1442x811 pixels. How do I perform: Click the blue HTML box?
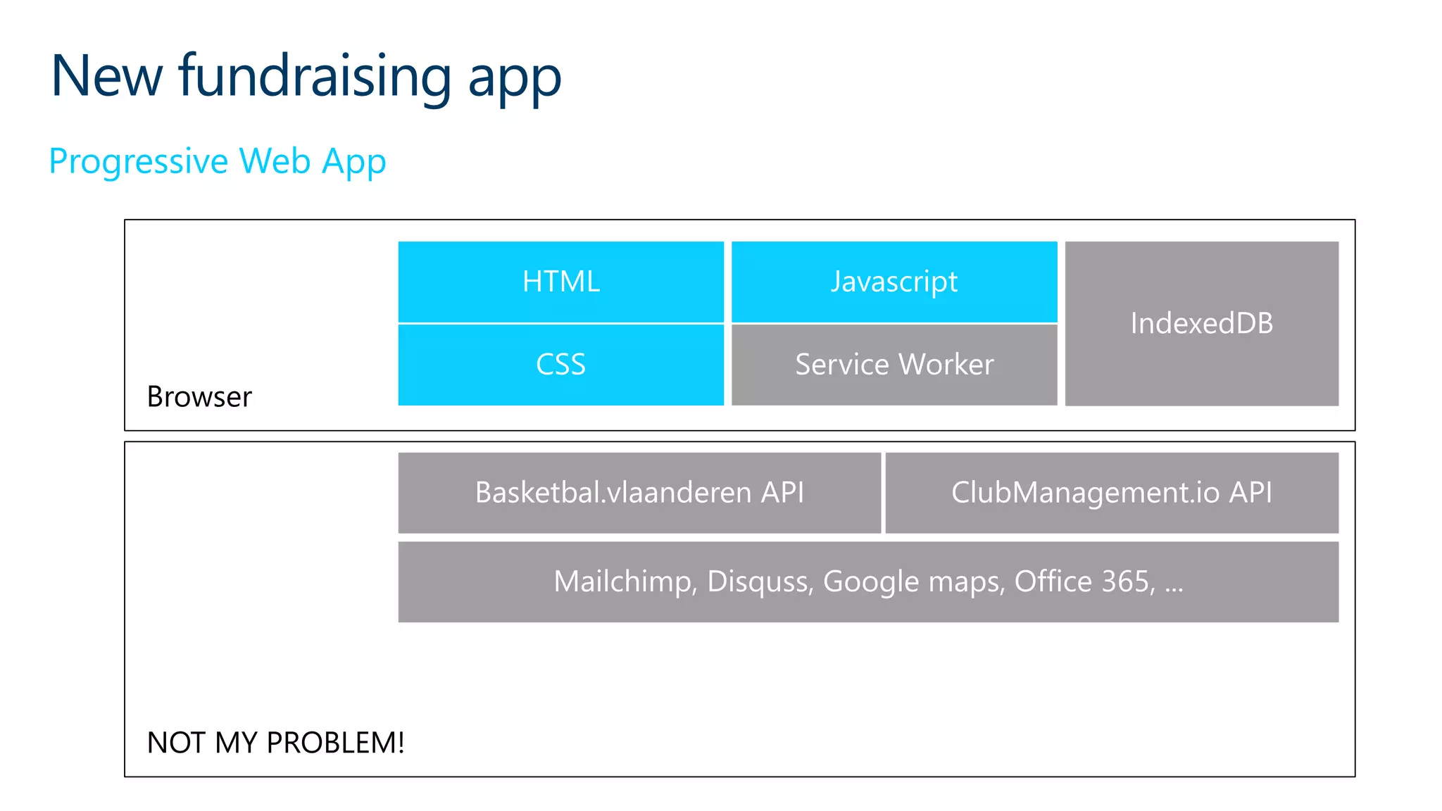click(x=560, y=282)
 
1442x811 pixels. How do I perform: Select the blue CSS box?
click(x=560, y=365)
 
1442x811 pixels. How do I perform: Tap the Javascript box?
click(x=894, y=282)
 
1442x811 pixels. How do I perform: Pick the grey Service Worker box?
click(x=894, y=365)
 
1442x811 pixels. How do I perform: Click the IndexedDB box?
click(x=1201, y=324)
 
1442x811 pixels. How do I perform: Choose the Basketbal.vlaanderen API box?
click(x=639, y=493)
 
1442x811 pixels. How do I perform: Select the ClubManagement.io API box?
click(x=1111, y=493)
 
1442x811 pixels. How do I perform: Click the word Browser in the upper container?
click(x=199, y=397)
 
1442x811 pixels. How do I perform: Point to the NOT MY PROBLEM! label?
click(x=275, y=743)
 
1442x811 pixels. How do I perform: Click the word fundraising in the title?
click(x=315, y=76)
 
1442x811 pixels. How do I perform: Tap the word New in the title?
click(x=106, y=76)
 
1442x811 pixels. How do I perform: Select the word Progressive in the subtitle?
click(x=139, y=162)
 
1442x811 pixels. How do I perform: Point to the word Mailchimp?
click(x=625, y=582)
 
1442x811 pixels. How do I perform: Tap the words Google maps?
click(x=913, y=582)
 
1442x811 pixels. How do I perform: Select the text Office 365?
click(x=1083, y=582)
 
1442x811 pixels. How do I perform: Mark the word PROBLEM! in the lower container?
click(x=335, y=743)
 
